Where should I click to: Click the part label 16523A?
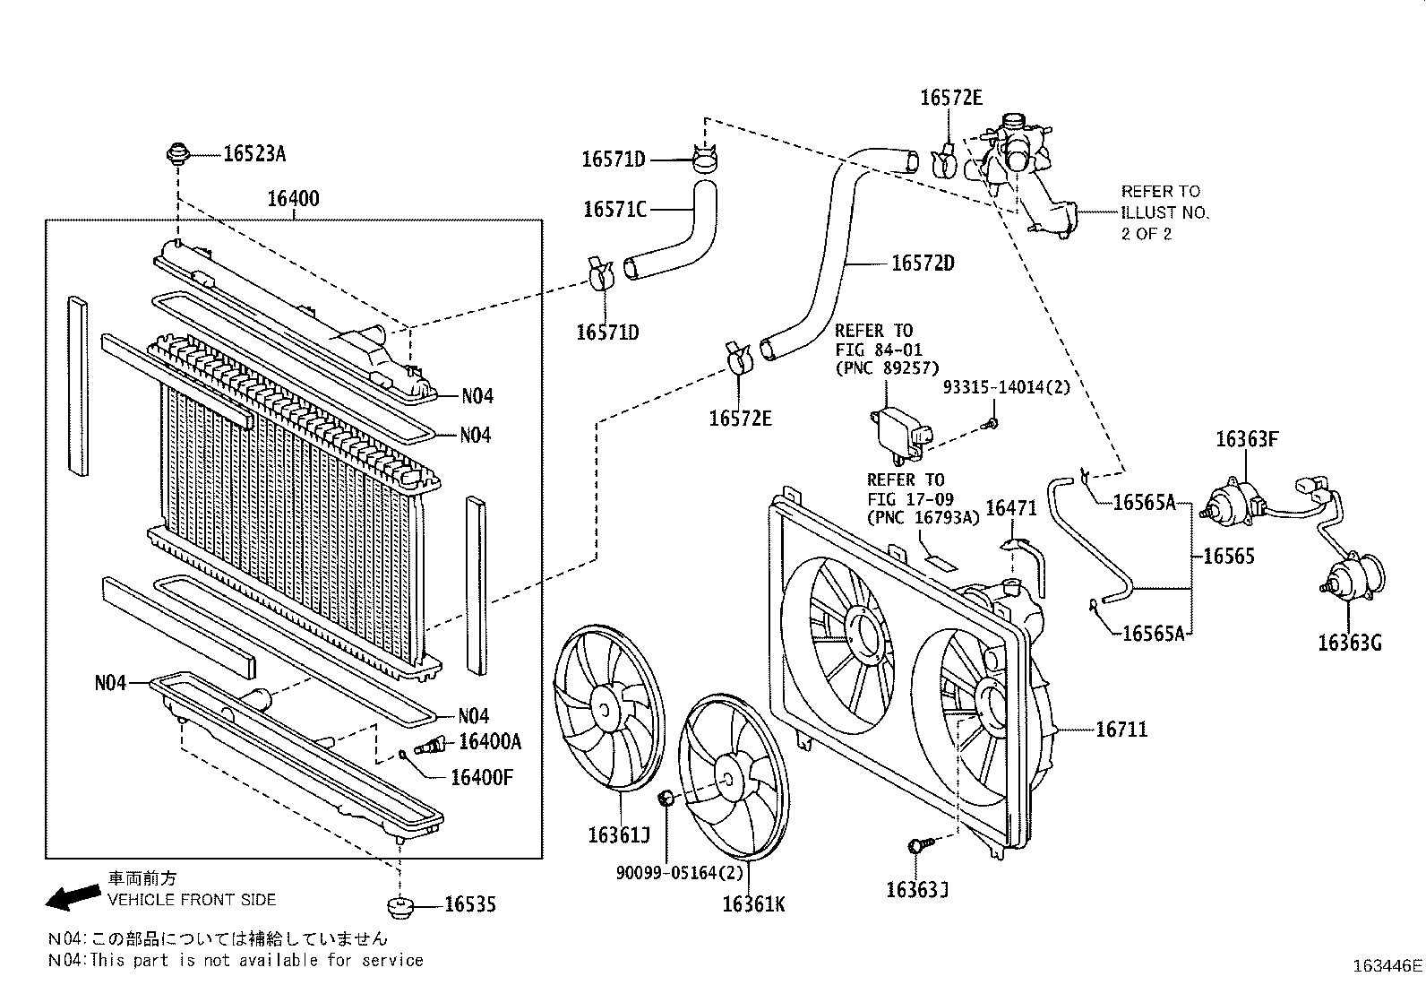click(x=253, y=154)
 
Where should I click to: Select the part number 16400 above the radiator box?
click(x=293, y=199)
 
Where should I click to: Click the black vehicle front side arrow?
click(x=73, y=894)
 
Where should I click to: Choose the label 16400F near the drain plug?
click(x=481, y=776)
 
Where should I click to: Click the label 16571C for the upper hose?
click(x=614, y=210)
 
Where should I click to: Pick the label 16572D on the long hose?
click(x=923, y=264)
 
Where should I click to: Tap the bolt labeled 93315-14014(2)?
click(x=993, y=421)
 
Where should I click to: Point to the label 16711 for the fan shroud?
click(x=1121, y=730)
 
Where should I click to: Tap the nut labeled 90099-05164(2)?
click(x=666, y=799)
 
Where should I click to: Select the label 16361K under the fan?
click(x=753, y=904)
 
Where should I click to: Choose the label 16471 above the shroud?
click(x=1010, y=508)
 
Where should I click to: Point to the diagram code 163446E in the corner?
click(x=1387, y=966)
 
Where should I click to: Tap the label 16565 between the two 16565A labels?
click(x=1228, y=556)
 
